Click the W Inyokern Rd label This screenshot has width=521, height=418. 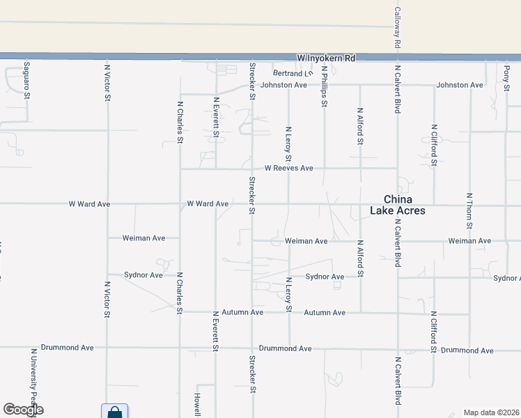326,58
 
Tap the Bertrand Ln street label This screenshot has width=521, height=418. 293,73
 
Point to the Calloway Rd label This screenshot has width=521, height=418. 397,27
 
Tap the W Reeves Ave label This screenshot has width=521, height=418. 289,168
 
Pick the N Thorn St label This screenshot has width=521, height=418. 469,210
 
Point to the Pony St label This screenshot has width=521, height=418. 506,73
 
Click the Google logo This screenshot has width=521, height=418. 23,410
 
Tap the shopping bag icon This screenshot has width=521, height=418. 114,412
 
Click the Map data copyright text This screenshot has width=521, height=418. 492,412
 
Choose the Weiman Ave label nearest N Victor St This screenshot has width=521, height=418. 143,238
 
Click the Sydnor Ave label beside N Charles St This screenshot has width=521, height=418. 143,275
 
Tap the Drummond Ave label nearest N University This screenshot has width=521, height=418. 67,347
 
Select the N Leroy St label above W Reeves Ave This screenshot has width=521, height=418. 288,144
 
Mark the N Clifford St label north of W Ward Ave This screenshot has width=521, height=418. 433,145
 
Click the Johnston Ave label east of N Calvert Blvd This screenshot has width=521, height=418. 460,85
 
